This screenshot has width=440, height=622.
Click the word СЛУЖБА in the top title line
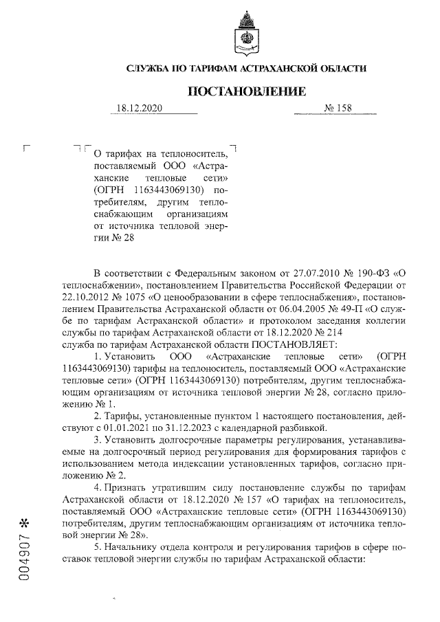(x=151, y=68)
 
